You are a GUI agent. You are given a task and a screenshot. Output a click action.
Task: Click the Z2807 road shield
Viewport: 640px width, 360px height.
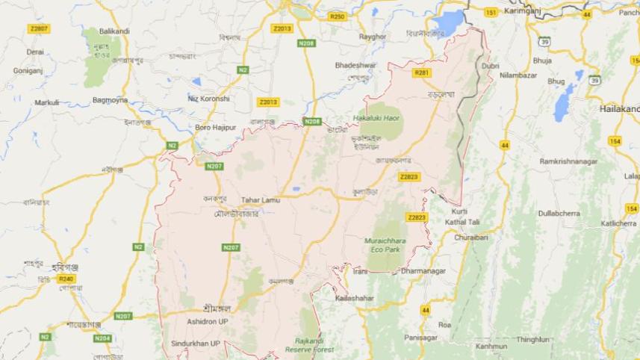(x=39, y=28)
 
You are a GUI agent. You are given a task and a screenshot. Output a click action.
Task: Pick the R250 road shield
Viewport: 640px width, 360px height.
(x=338, y=16)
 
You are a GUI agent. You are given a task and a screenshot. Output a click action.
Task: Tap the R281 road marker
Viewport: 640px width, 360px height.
(x=423, y=72)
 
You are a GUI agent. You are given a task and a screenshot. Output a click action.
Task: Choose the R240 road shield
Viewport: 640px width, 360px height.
(x=66, y=278)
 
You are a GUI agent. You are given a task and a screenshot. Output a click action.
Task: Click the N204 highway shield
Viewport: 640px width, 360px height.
(x=102, y=338)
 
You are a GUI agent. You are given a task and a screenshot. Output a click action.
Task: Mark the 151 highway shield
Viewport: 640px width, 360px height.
(x=491, y=13)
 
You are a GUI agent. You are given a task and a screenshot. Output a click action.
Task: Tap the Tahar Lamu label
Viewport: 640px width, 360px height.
(x=259, y=199)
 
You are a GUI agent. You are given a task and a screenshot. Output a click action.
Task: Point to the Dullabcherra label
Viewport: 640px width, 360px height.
(x=559, y=213)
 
